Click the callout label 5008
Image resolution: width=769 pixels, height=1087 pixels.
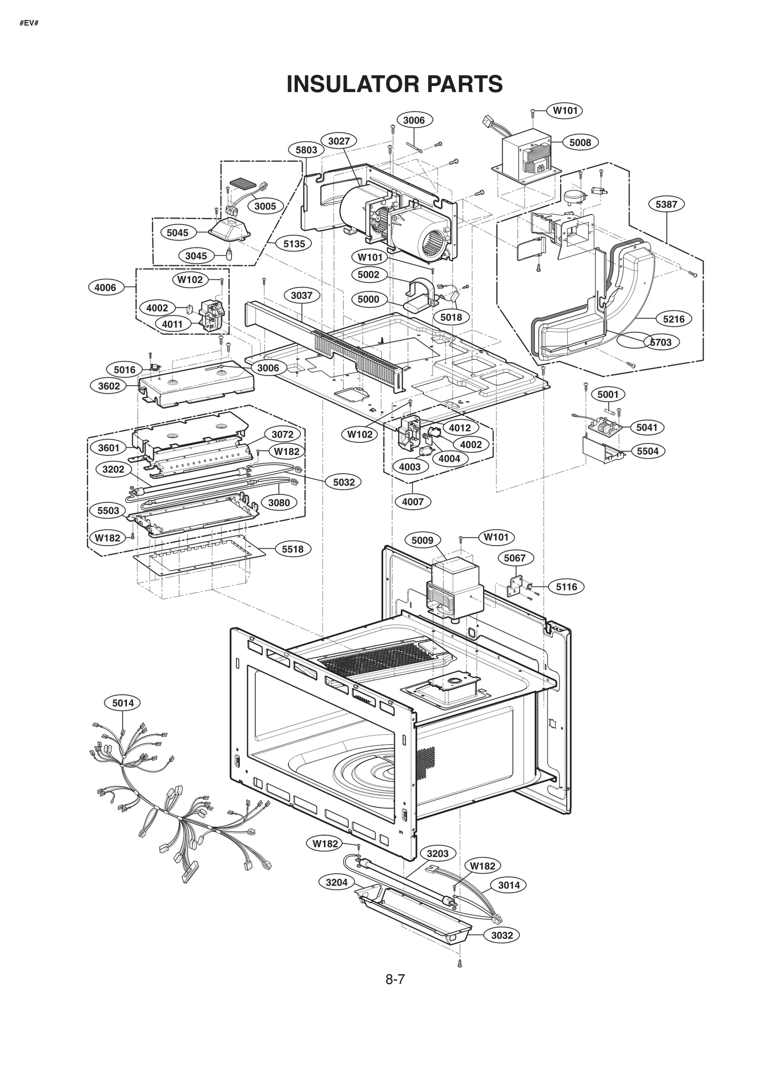(580, 142)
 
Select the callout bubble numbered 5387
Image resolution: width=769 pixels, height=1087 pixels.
(666, 204)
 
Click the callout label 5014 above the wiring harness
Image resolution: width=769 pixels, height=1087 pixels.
(123, 703)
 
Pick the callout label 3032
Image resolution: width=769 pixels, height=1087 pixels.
(502, 935)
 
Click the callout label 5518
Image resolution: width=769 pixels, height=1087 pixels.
(292, 549)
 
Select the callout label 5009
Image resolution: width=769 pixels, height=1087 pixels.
(422, 540)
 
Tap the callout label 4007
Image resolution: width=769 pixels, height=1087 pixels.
(412, 502)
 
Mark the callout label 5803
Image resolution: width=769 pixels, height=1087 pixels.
(306, 150)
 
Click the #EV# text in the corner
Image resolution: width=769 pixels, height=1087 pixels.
(29, 23)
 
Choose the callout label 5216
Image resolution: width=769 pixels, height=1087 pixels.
(673, 319)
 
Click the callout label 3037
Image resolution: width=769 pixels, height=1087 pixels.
(301, 295)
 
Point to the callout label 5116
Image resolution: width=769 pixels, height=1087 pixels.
(566, 587)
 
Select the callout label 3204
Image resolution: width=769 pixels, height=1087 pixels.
(336, 882)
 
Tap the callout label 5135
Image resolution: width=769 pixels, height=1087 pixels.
(294, 244)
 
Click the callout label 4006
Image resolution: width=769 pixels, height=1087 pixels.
(105, 287)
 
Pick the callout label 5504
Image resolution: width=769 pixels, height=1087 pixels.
(647, 451)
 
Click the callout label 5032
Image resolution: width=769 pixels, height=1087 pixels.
(344, 482)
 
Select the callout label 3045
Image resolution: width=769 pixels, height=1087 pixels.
(196, 256)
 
